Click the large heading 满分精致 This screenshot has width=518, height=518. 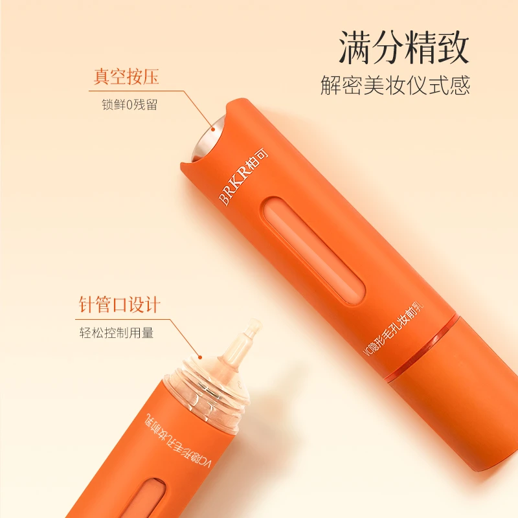point(403,47)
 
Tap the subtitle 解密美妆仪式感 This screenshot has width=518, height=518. point(395,85)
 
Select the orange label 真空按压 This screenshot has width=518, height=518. point(126,76)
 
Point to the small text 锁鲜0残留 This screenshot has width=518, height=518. point(129,105)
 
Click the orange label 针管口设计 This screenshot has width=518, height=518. point(120,304)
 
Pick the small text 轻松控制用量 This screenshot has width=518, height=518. point(117,332)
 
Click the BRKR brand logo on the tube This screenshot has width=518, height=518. point(233,185)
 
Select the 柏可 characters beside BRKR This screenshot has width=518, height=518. point(258,158)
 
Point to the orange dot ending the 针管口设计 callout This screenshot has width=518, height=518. point(199,357)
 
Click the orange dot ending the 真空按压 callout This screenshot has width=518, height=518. point(213,130)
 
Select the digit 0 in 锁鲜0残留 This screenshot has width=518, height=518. point(129,105)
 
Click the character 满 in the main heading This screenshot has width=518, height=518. point(354,47)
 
